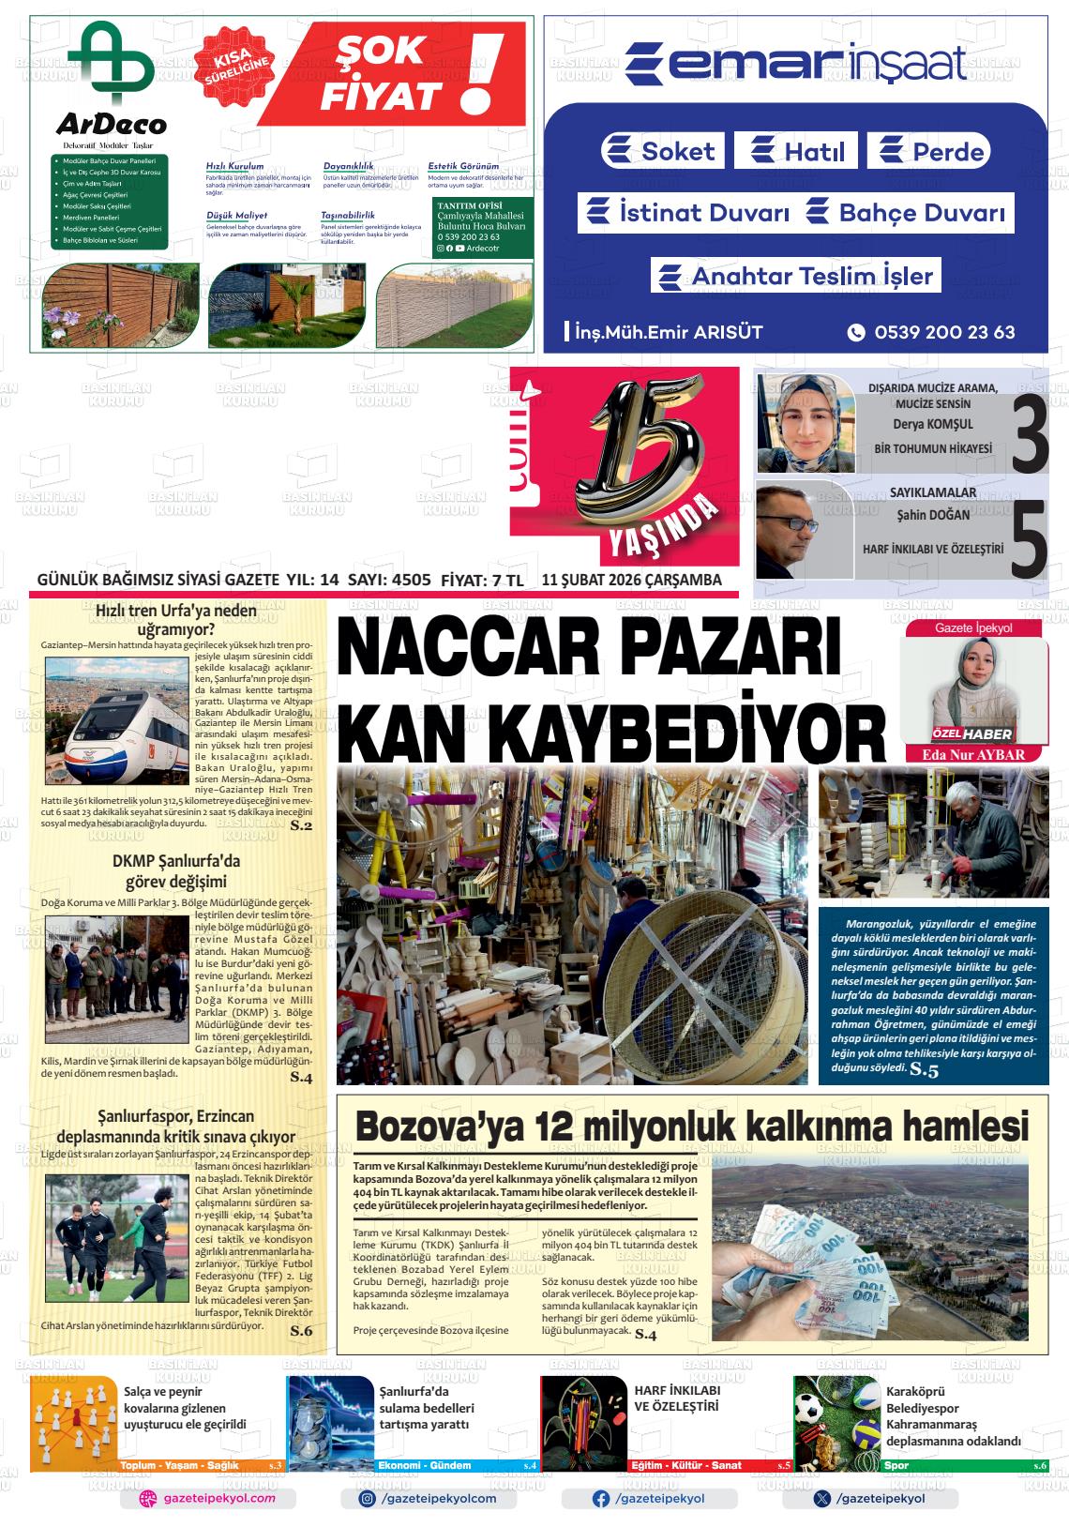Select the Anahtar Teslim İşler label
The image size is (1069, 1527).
point(796,276)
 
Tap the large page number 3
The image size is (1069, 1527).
point(1029,435)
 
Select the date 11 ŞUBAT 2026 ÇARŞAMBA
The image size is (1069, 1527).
point(631,580)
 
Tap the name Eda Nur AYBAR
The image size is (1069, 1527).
point(973,754)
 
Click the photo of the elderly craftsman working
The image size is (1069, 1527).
point(933,833)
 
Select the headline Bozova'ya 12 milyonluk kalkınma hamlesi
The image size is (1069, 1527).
point(691,1125)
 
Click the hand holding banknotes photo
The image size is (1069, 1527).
point(868,1251)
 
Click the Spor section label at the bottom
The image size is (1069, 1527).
point(896,1465)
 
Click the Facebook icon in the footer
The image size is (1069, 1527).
point(601,1499)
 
